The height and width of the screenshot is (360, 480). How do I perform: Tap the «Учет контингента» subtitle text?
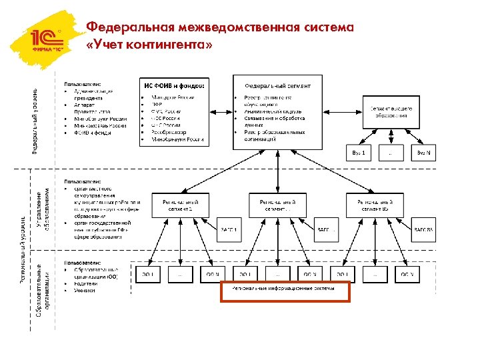click(150, 45)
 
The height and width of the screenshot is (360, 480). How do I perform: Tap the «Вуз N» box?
click(423, 153)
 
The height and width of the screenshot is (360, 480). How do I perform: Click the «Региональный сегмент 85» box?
click(374, 205)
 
